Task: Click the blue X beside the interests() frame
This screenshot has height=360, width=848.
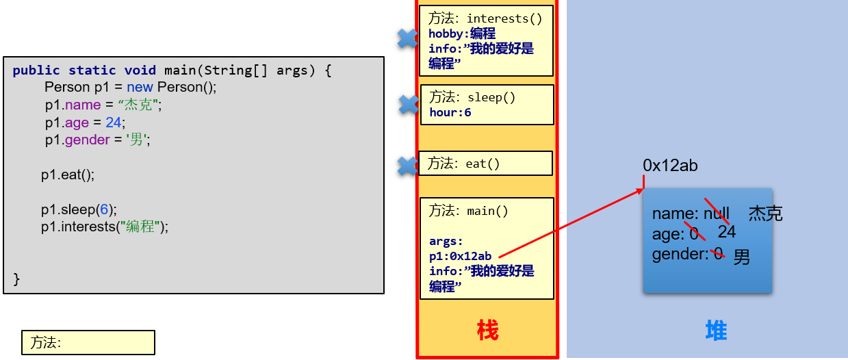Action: (408, 39)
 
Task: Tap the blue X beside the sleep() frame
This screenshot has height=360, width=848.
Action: (409, 105)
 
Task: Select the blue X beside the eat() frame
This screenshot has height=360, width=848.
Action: (408, 166)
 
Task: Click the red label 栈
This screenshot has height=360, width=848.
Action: (487, 331)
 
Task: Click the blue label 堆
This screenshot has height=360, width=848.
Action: (716, 331)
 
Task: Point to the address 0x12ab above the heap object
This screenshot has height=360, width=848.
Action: (670, 166)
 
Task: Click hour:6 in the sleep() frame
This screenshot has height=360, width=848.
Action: (450, 112)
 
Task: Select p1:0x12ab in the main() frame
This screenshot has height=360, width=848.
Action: (460, 256)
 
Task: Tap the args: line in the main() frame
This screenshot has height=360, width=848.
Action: (446, 241)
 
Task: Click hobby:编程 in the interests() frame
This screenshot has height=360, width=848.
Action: (462, 34)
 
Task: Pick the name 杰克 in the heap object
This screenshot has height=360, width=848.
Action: (765, 214)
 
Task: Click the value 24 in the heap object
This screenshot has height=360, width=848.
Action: (727, 232)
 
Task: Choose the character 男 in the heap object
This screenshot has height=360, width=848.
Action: (742, 257)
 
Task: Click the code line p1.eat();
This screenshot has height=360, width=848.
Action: (67, 175)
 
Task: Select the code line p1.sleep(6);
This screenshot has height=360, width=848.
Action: (79, 209)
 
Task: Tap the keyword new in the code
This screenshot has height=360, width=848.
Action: (140, 87)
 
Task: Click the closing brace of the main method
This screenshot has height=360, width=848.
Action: (16, 279)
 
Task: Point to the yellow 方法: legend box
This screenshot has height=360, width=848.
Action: (88, 343)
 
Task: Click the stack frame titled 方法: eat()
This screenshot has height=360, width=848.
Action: (485, 164)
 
